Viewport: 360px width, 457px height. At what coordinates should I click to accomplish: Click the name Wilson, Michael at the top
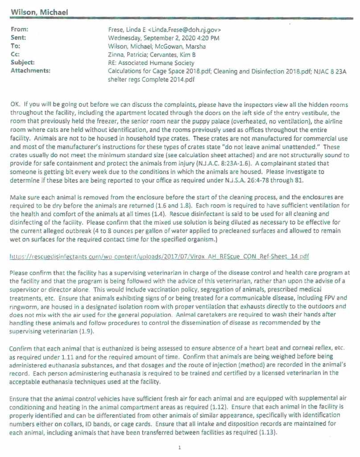pyautogui.click(x=39, y=12)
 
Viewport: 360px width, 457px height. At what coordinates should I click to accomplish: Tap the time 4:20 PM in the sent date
pyautogui.click(x=206, y=38)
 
